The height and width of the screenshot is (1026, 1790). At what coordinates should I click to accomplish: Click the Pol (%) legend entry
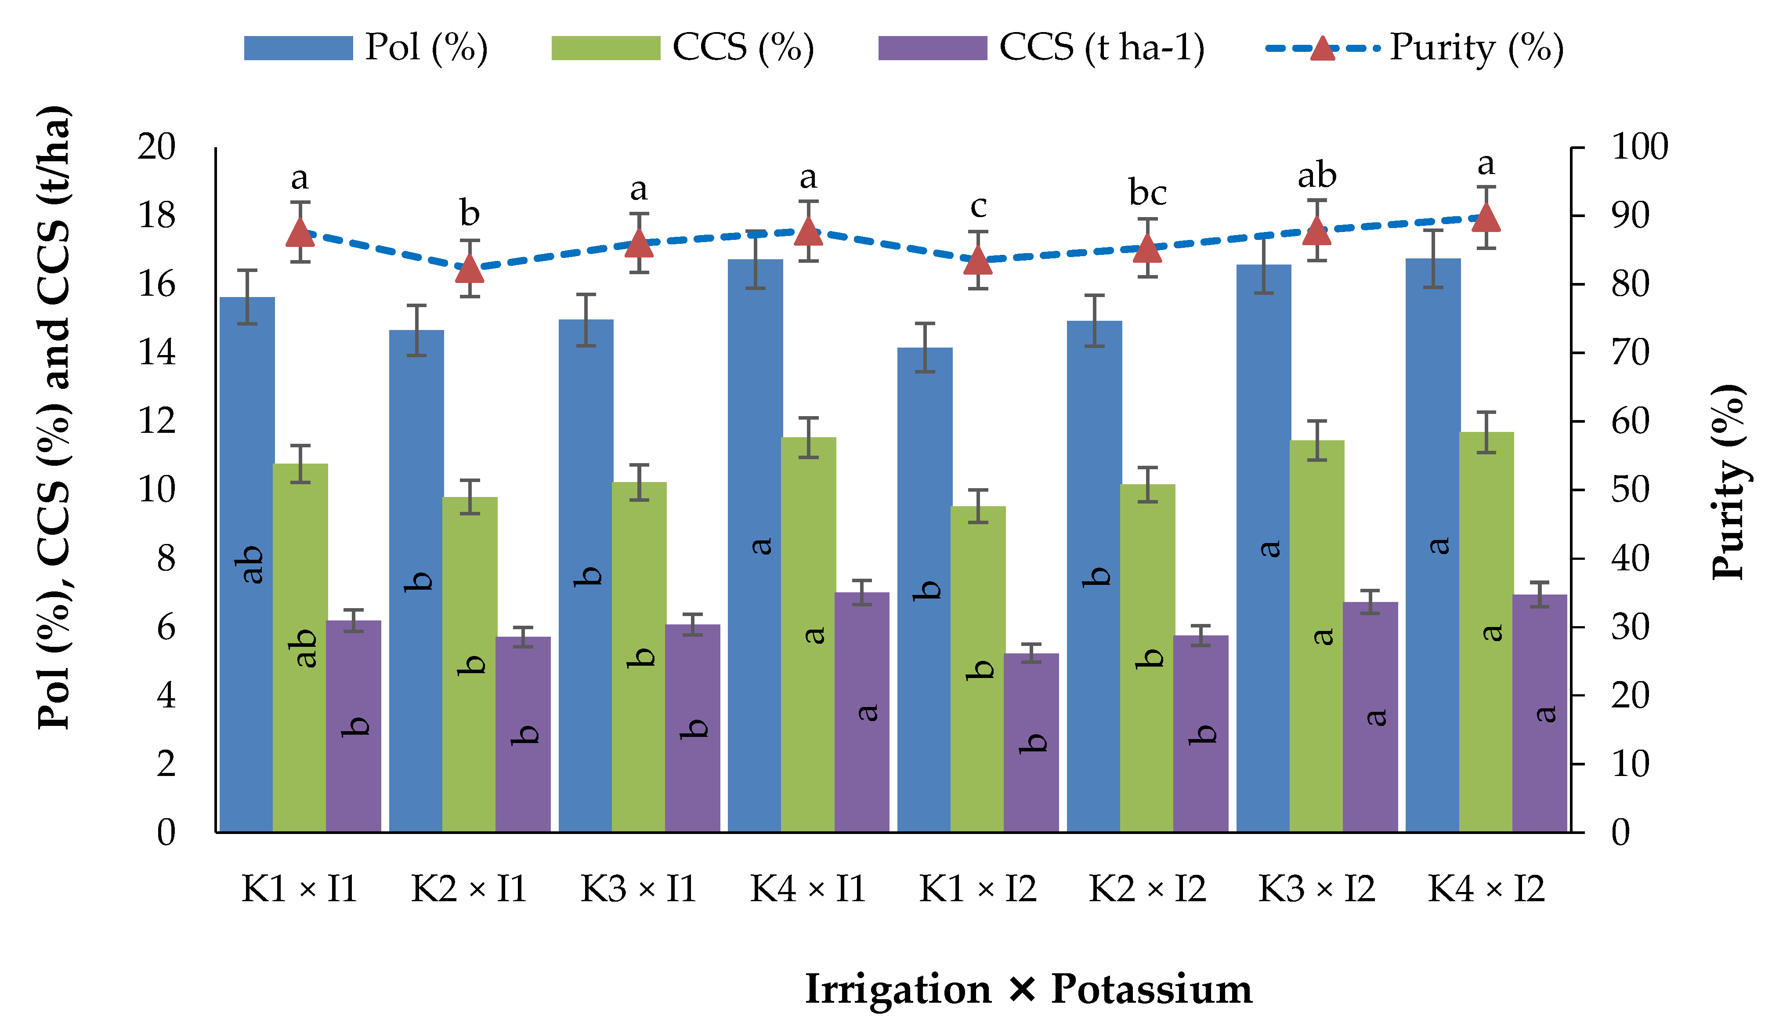click(366, 48)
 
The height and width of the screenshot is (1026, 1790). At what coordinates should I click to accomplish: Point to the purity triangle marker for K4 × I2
click(1486, 218)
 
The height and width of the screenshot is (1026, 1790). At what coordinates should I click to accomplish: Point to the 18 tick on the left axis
click(156, 216)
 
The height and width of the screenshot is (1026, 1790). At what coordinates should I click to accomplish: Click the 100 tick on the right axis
click(1640, 147)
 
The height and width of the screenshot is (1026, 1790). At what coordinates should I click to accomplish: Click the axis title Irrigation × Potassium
click(1028, 990)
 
